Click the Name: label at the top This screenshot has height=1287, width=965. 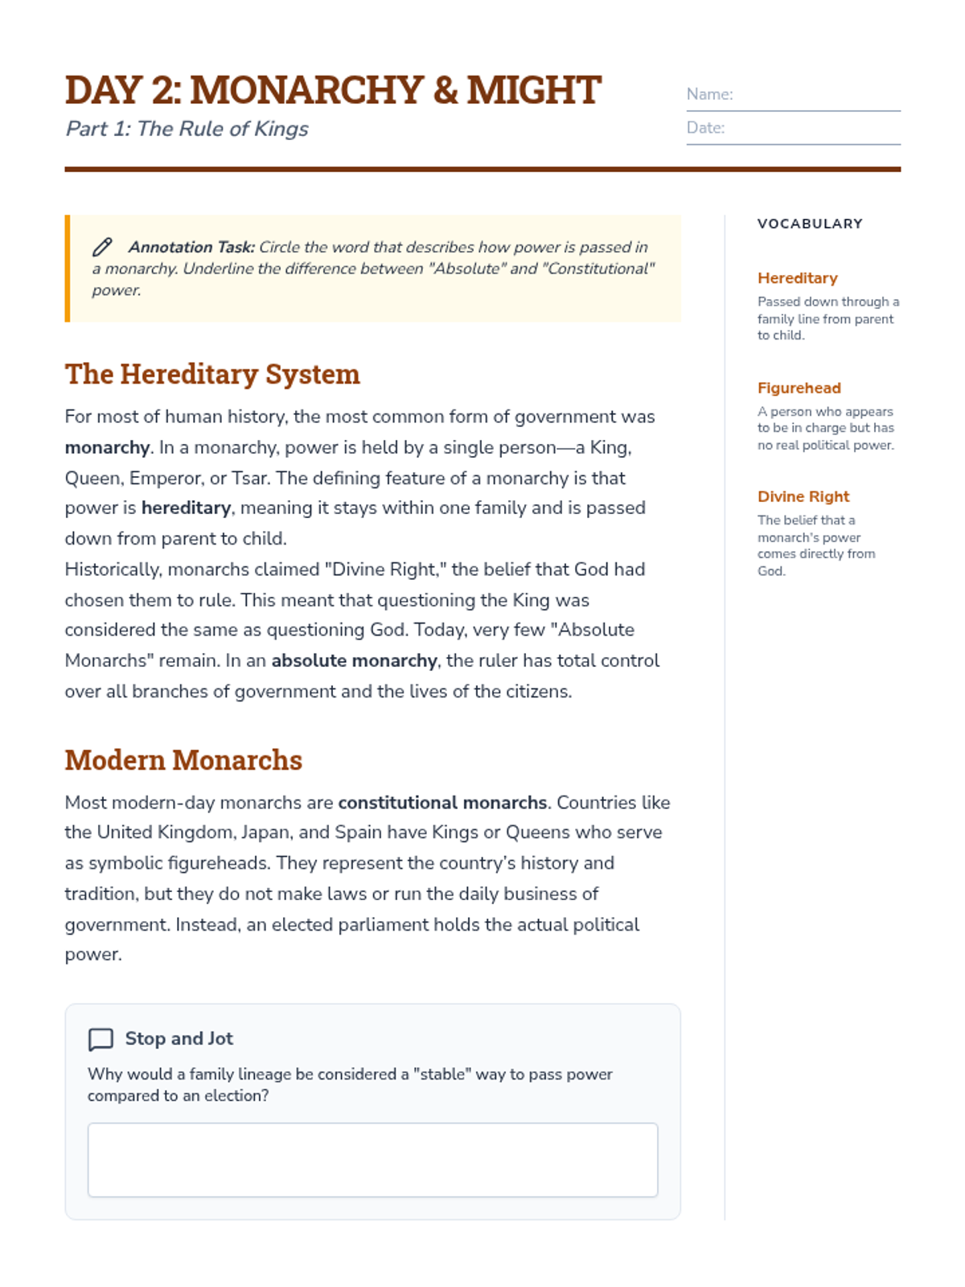pos(709,94)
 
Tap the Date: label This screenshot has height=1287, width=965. pos(705,128)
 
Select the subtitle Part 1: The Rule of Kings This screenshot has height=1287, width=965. pos(187,129)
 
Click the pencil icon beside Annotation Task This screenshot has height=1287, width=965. pos(102,247)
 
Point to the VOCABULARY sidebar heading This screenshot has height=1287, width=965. pos(809,224)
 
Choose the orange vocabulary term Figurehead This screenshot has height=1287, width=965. pos(799,388)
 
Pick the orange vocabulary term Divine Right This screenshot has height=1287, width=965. pos(803,496)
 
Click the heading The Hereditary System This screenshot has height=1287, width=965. pos(212,374)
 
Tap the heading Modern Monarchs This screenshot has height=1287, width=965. pos(183,760)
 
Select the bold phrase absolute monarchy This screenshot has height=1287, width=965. pos(354,660)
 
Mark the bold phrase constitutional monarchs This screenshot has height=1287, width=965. pos(442,803)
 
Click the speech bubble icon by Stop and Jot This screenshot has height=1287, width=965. pos(101,1039)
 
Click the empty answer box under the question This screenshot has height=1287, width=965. pos(372,1159)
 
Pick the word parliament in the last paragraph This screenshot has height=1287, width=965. pos(382,925)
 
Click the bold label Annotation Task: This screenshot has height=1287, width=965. pos(191,247)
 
